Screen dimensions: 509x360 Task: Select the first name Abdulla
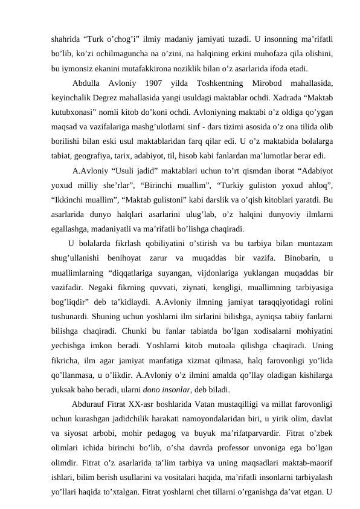(x=89, y=82)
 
